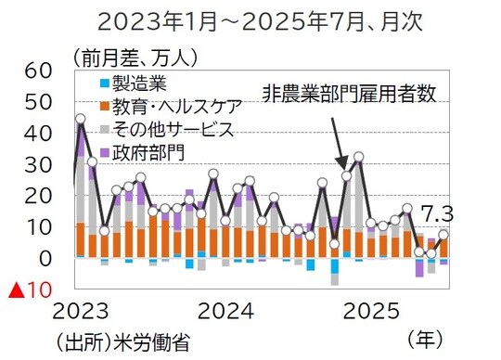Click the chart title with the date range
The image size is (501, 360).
250,19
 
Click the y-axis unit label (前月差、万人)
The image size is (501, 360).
129,57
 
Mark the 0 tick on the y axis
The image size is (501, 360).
45,258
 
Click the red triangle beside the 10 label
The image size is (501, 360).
16,290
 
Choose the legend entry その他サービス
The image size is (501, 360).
166,128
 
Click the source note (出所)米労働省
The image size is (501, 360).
122,341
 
